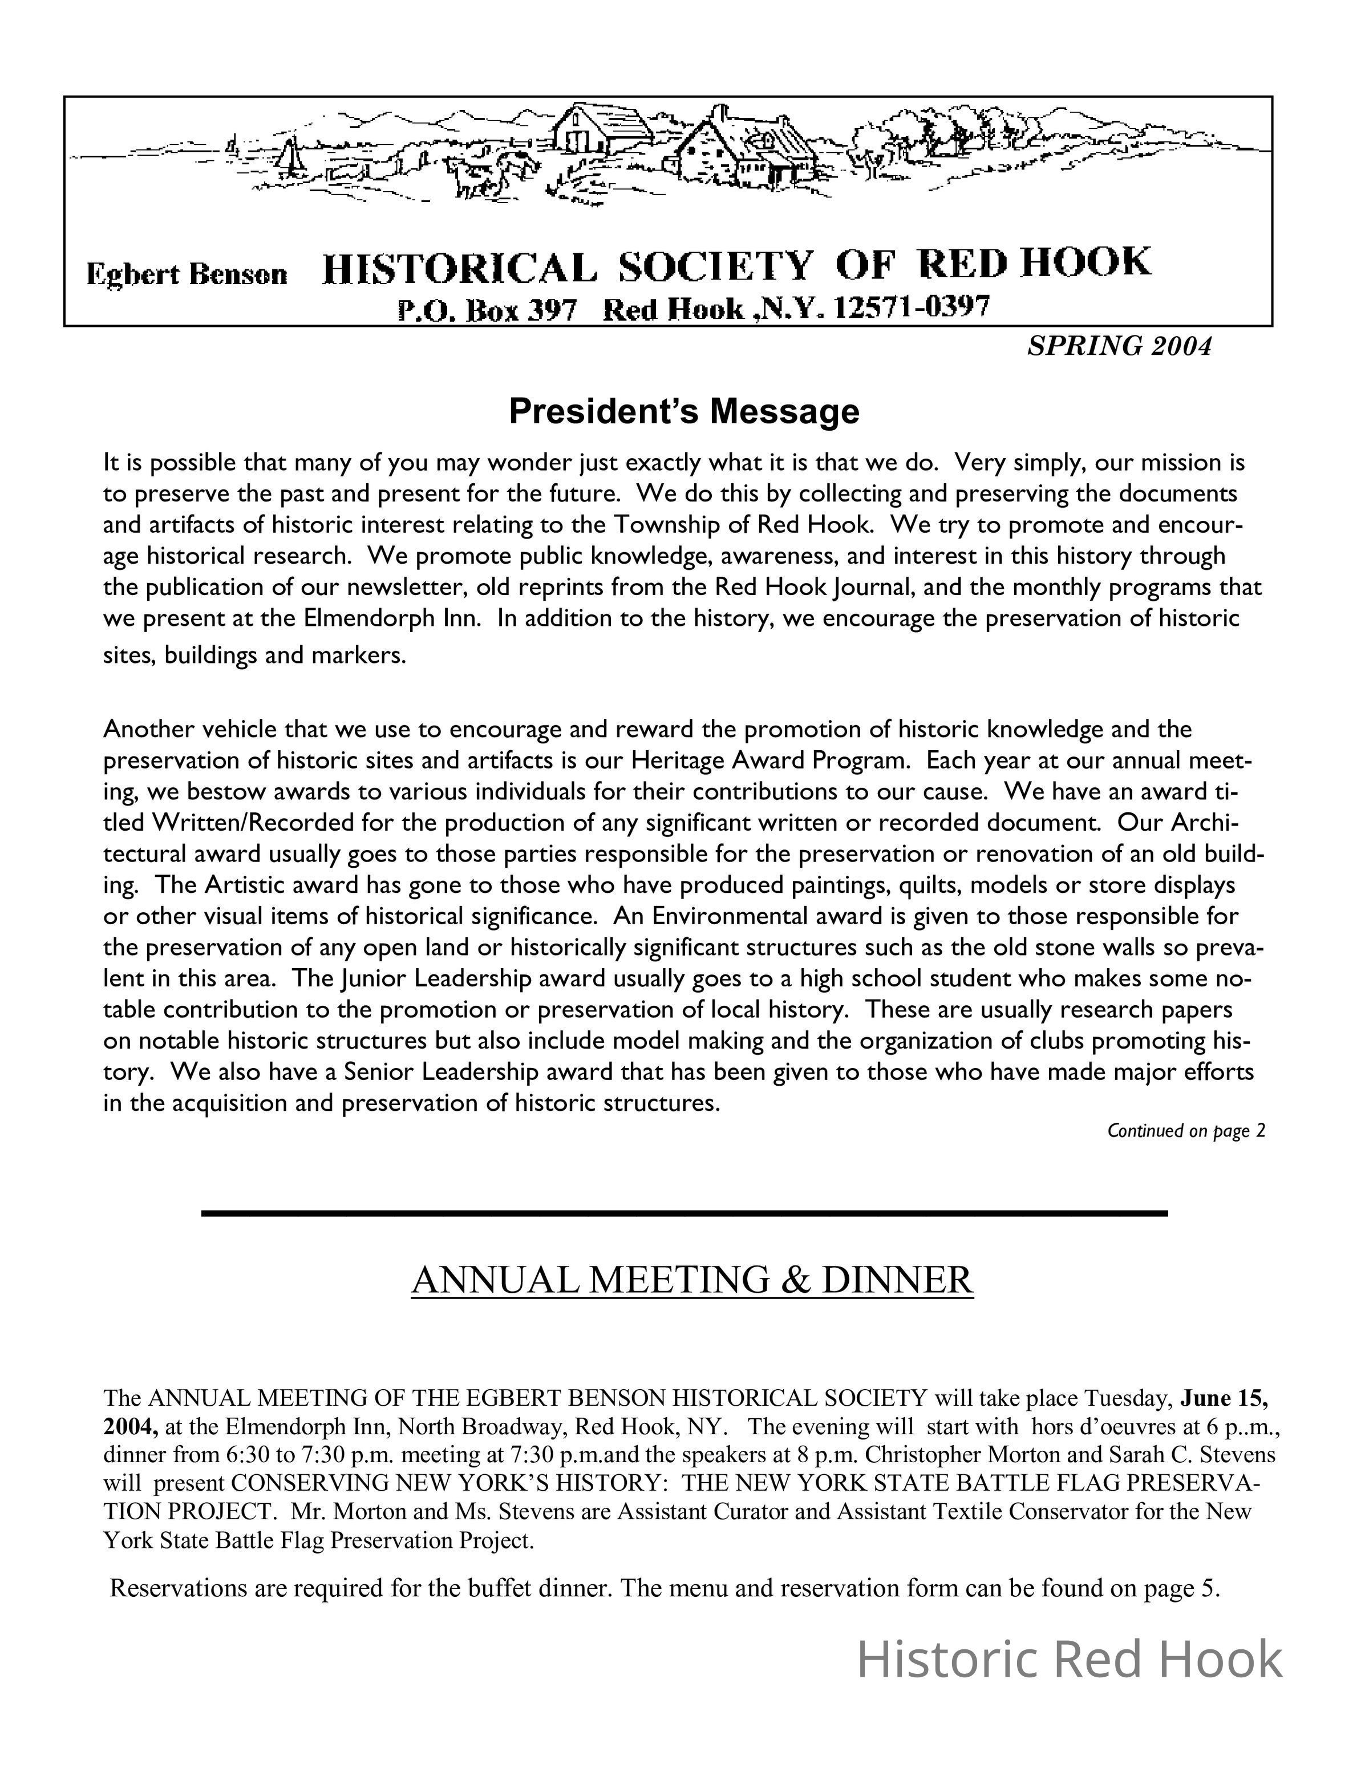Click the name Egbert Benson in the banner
tap(187, 274)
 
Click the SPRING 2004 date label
tap(1119, 346)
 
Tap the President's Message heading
tap(684, 411)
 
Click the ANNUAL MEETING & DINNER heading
tap(692, 1280)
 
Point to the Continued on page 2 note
tap(1186, 1131)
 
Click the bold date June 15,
tap(1225, 1398)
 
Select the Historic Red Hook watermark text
tap(1070, 1659)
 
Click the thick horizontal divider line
tap(684, 1213)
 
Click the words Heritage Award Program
tap(768, 760)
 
